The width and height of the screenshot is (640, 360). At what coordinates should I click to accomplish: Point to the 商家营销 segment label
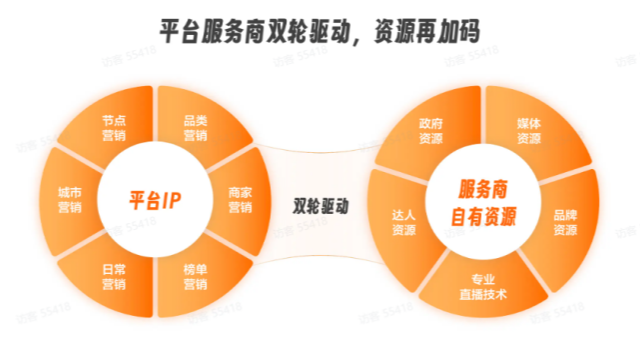click(x=240, y=199)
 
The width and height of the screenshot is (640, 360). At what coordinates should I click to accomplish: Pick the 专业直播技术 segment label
click(x=483, y=287)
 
